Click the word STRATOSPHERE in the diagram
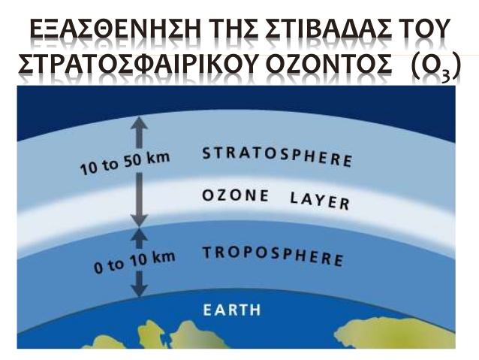(277, 157)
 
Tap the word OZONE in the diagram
(236, 195)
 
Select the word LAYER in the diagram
(320, 201)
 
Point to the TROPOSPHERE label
(273, 256)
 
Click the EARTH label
(232, 310)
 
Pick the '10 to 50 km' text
(125, 164)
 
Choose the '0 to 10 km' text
(134, 262)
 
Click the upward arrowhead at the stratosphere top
(140, 123)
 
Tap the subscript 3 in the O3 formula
(445, 77)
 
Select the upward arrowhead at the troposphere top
(140, 234)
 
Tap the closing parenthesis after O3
(456, 65)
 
